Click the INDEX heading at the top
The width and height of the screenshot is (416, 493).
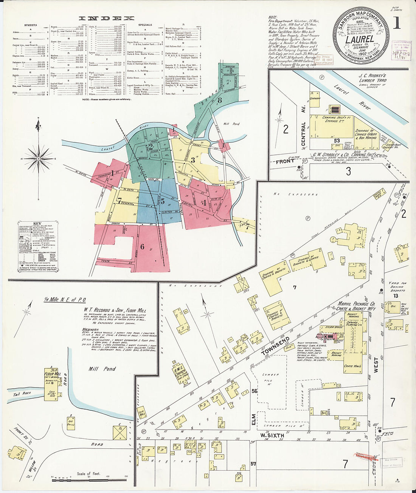point(106,18)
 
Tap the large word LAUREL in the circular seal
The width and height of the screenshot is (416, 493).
point(360,39)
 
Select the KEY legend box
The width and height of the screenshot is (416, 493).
point(37,247)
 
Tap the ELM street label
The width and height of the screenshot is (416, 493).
point(254,420)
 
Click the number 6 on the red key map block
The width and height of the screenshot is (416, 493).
point(142,247)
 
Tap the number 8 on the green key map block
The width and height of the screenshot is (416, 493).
point(220,100)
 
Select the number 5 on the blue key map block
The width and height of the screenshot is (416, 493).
point(163,201)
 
